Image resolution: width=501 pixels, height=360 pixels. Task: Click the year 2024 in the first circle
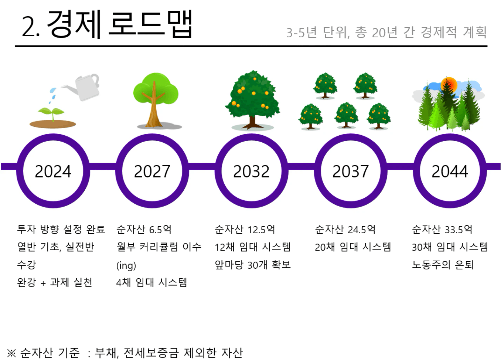coord(53,171)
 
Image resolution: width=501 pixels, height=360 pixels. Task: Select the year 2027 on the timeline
coord(152,171)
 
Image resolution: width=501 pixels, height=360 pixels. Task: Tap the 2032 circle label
coord(251,171)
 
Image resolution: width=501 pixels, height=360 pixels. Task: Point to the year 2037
coord(350,171)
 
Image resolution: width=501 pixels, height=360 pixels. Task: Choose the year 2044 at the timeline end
coord(450,171)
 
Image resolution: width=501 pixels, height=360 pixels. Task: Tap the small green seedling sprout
coord(51,113)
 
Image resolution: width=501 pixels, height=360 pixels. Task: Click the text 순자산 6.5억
coord(144,229)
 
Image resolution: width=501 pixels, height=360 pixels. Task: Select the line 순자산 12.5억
coord(245,229)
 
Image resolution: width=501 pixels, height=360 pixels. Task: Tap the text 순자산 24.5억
coord(345,229)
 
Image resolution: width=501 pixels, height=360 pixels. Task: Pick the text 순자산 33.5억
coord(442,229)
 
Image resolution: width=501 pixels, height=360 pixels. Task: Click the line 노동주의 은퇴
coord(443,265)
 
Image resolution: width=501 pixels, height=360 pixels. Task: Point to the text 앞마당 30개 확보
coord(252,265)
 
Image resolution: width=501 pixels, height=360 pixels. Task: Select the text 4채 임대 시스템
coord(151,282)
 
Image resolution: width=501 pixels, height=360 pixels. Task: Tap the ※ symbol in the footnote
coord(11,353)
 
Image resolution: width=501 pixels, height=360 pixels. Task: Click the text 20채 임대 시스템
coord(353,247)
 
